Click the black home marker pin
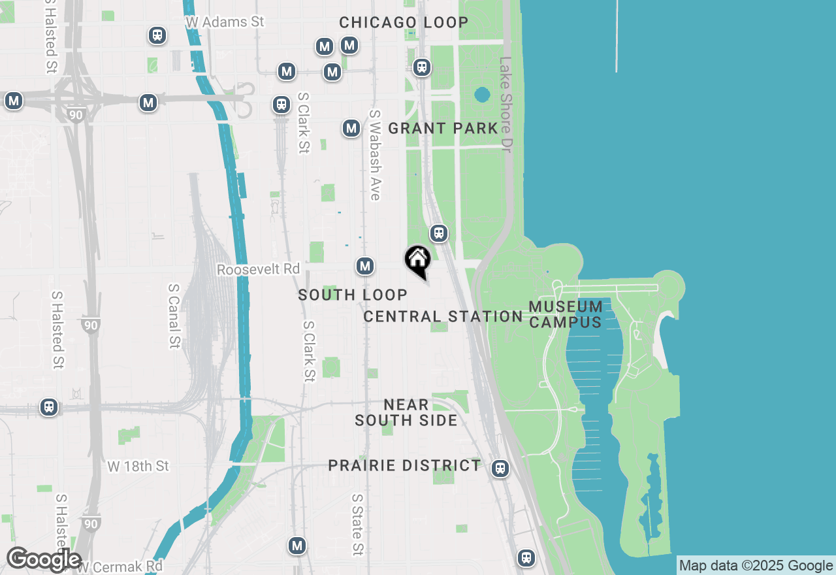(418, 260)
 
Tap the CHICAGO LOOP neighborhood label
(404, 22)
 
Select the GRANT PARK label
(443, 128)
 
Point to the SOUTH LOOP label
(353, 295)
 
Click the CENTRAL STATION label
(443, 316)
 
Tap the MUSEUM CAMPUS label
(566, 314)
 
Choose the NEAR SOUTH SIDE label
(406, 412)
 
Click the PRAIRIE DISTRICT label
(404, 465)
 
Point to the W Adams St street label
(225, 22)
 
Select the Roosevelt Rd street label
(258, 269)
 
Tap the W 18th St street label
(138, 466)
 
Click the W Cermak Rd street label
(120, 566)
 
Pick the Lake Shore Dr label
(505, 105)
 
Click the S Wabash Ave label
(375, 154)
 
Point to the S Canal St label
(174, 316)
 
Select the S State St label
(357, 524)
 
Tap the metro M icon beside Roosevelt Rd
(365, 266)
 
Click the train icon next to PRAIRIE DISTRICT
(500, 468)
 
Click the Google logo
(43, 560)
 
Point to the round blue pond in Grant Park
(482, 95)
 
